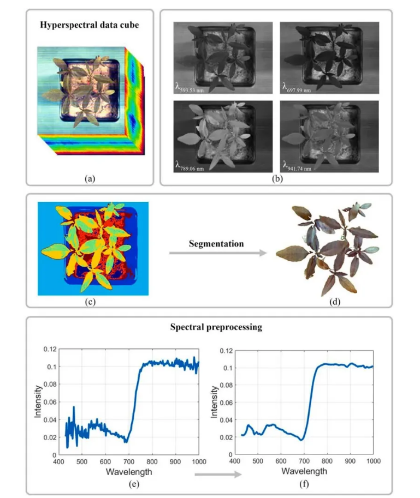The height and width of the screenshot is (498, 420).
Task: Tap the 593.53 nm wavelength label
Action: pyautogui.click(x=190, y=89)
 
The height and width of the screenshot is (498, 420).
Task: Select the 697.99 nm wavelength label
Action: pyautogui.click(x=298, y=89)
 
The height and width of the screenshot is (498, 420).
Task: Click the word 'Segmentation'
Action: pyautogui.click(x=217, y=244)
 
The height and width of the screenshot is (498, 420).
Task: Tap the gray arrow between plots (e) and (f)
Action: pyautogui.click(x=217, y=475)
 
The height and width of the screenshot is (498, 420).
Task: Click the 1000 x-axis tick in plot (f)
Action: pyautogui.click(x=373, y=462)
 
